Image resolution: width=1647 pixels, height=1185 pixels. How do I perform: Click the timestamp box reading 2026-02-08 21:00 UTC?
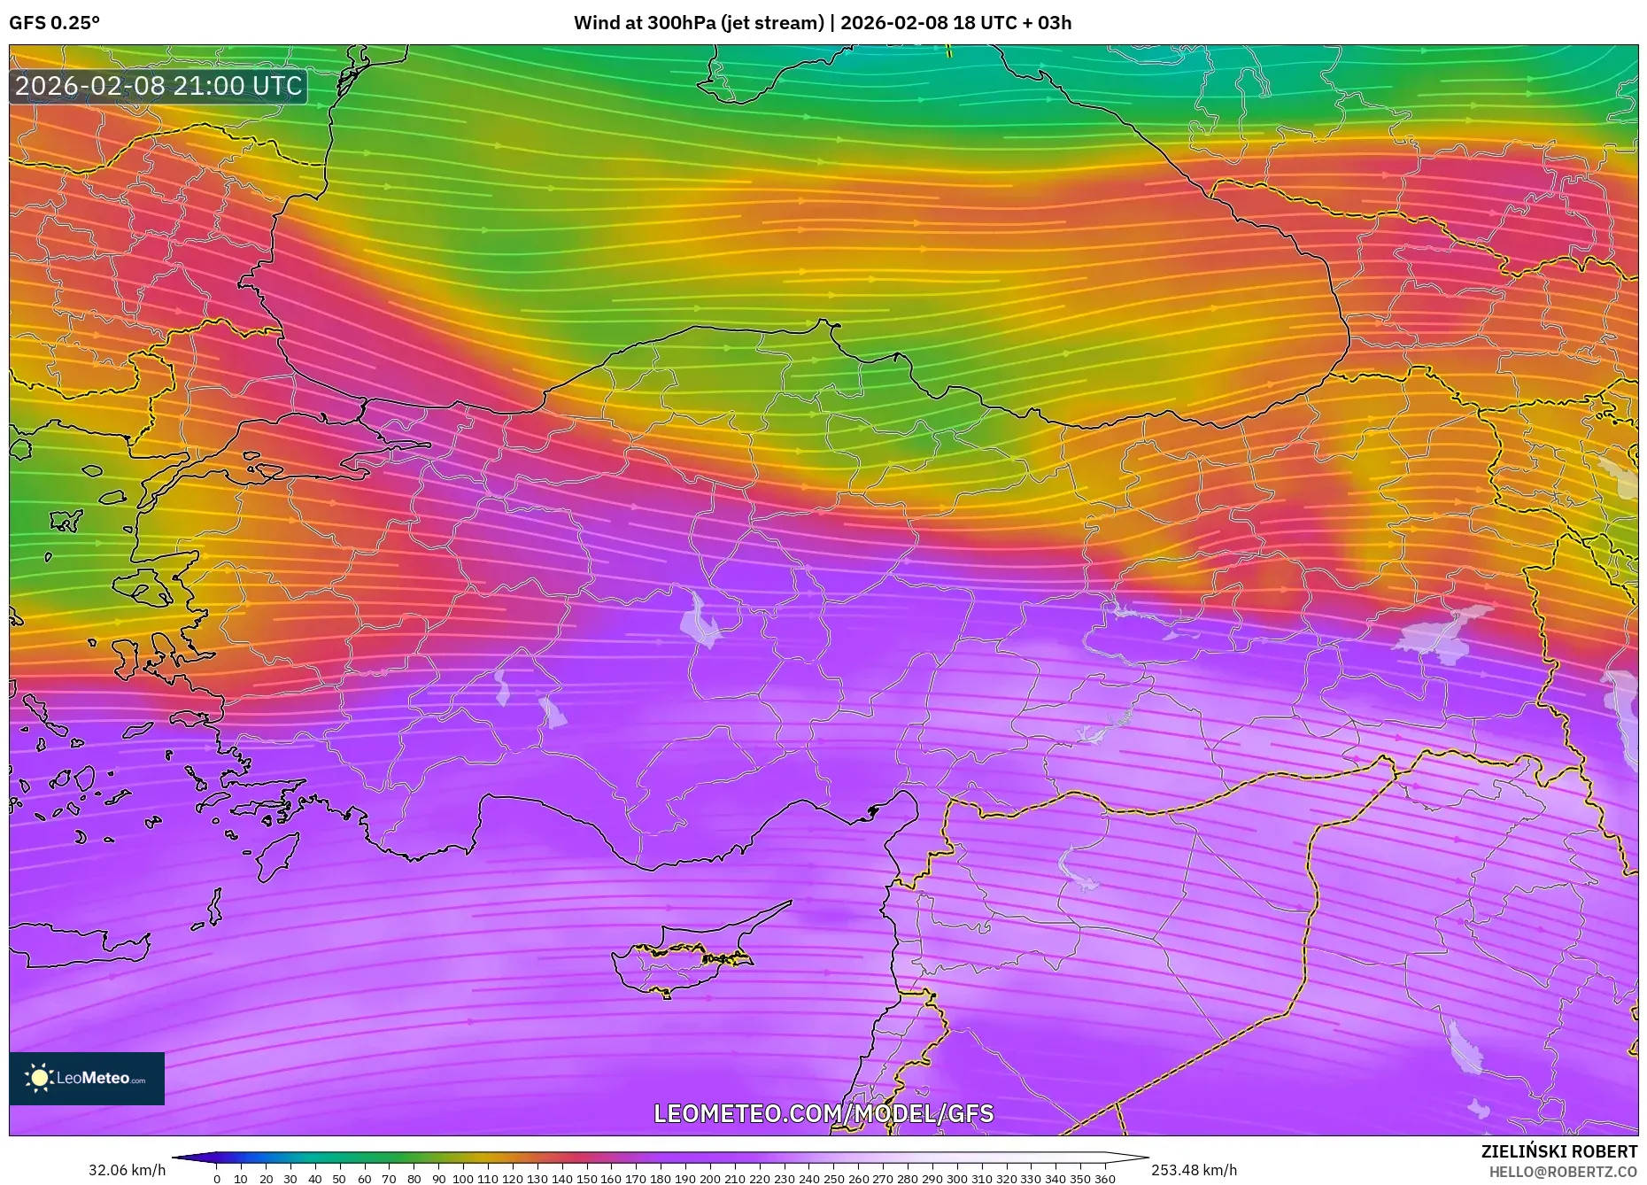159,86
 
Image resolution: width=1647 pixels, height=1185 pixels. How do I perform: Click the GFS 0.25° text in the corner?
55,23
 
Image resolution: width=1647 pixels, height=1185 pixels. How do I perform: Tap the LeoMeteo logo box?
87,1078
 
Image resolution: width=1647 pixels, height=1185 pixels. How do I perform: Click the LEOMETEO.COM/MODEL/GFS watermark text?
823,1113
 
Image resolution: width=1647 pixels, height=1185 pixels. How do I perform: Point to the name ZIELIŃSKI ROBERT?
1558,1151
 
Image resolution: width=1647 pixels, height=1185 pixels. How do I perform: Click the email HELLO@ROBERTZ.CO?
1563,1172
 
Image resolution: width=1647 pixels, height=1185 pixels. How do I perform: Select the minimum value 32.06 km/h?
128,1170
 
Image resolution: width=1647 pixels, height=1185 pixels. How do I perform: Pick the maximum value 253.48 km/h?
1194,1170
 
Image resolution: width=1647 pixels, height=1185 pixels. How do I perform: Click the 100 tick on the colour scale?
462,1179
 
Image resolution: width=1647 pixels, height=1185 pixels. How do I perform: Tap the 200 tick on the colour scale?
709,1179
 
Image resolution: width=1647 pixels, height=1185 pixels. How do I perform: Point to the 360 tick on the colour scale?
1104,1179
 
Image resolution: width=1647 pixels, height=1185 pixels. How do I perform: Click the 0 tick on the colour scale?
217,1179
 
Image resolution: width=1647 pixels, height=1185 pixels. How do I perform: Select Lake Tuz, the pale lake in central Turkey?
701,620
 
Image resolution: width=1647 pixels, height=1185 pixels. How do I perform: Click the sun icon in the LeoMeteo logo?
39,1078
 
